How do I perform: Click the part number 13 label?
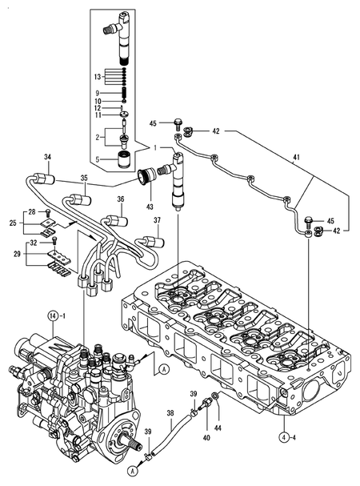tap(98, 78)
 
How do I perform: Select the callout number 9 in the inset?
tap(99, 93)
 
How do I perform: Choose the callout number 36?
tap(121, 199)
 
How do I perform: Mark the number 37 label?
tap(157, 221)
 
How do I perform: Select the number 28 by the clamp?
tap(32, 211)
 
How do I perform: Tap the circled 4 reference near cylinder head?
tap(284, 436)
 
